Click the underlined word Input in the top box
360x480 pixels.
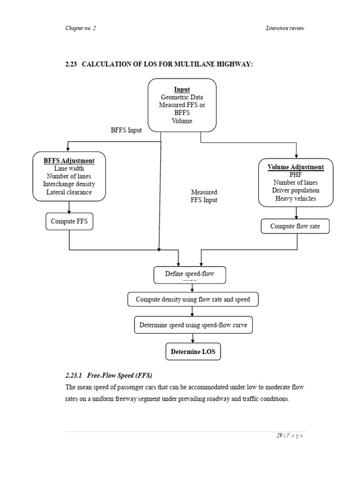pos(182,89)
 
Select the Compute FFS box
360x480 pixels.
pos(69,221)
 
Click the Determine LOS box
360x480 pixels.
pos(193,352)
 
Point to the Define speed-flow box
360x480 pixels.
pos(189,275)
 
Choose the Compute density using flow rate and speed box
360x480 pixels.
pos(193,299)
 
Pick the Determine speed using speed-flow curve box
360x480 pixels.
pos(193,325)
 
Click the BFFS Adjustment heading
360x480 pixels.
pos(69,160)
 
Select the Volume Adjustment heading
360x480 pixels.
pos(295,167)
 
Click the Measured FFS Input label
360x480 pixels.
pos(204,196)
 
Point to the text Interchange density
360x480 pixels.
pos(69,184)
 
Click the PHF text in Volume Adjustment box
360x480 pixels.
pos(295,174)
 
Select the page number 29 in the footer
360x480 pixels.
pos(279,435)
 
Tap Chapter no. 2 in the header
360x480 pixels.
pos(80,28)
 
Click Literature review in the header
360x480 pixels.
pos(285,28)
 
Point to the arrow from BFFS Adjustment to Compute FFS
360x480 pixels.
pos(69,207)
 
